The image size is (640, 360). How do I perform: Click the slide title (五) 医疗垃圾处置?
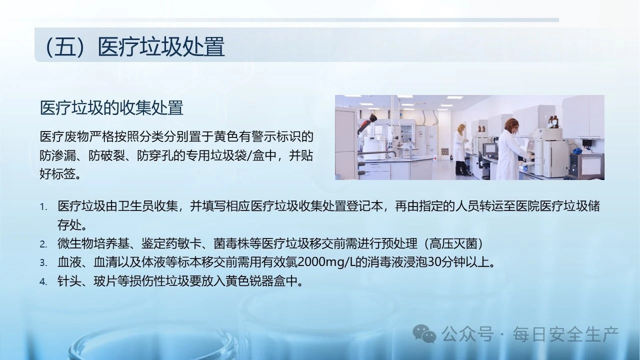pos(135,46)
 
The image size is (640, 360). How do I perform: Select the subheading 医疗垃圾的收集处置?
pos(111,107)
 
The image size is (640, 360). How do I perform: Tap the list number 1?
pos(43,207)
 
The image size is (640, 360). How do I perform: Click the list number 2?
pos(43,244)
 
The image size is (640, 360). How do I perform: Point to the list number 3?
pos(43,263)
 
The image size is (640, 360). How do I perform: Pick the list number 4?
pos(43,281)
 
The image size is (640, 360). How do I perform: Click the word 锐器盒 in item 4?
pos(267,281)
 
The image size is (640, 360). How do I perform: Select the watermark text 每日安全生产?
pos(565,334)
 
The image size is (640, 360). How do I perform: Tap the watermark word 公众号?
pos(467,334)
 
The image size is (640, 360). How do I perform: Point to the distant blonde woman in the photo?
pos(460,149)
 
